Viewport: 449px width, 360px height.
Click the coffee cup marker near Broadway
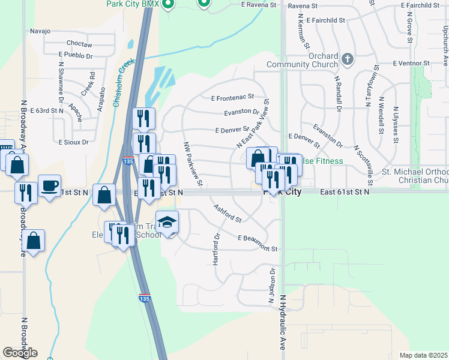click(x=49, y=185)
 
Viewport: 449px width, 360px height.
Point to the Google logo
click(x=20, y=353)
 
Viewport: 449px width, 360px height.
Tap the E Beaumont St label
click(x=258, y=243)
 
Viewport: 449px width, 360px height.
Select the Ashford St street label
click(x=228, y=212)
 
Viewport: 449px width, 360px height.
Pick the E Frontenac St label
click(x=233, y=97)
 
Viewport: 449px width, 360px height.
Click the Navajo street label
click(x=41, y=31)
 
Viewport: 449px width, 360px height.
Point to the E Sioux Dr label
click(x=73, y=142)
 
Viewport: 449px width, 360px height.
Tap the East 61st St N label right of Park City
click(x=345, y=192)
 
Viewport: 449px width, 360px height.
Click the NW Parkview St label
click(x=193, y=163)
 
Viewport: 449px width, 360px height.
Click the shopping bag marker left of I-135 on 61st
click(x=104, y=194)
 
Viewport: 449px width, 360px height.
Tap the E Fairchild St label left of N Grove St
click(x=325, y=20)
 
